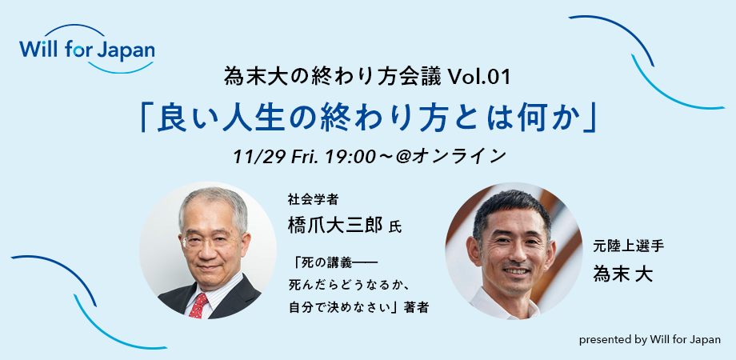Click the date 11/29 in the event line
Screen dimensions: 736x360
260,157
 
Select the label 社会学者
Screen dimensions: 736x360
313,199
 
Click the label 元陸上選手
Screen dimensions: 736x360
629,246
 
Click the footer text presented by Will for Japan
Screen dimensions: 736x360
650,340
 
